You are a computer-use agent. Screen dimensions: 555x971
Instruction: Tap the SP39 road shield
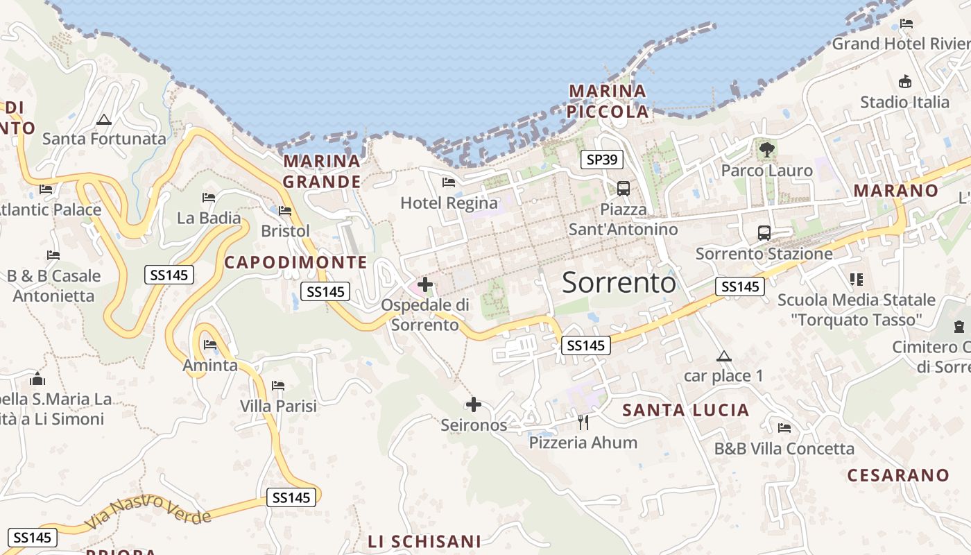(x=601, y=160)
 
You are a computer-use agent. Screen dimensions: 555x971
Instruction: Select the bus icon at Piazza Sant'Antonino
(x=624, y=188)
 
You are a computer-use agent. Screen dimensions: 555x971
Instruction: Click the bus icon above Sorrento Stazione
(x=764, y=232)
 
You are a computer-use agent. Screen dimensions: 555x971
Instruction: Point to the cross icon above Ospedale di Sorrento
(x=425, y=284)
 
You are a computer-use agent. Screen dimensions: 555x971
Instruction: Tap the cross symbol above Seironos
(x=474, y=404)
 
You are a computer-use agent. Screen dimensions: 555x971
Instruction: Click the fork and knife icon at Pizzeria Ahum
(x=583, y=422)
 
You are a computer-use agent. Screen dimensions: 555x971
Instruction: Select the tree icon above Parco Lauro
(x=766, y=149)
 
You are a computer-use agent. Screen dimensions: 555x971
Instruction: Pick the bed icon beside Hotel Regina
(x=449, y=182)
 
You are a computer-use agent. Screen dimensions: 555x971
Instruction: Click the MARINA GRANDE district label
(x=322, y=171)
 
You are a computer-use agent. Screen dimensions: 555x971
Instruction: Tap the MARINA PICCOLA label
(x=608, y=101)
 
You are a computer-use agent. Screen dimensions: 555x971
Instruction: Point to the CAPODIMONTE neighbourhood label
(x=295, y=262)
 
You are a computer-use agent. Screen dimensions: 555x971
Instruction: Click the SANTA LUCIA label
(x=685, y=410)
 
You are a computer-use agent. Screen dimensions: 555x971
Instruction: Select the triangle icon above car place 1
(x=724, y=357)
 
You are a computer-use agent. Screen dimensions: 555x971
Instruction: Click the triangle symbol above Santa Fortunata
(x=104, y=119)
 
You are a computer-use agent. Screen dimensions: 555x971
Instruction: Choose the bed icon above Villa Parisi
(x=278, y=386)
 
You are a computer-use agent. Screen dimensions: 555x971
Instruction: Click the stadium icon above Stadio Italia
(x=904, y=82)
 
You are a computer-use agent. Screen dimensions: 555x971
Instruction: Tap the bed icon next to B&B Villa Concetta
(x=784, y=428)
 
